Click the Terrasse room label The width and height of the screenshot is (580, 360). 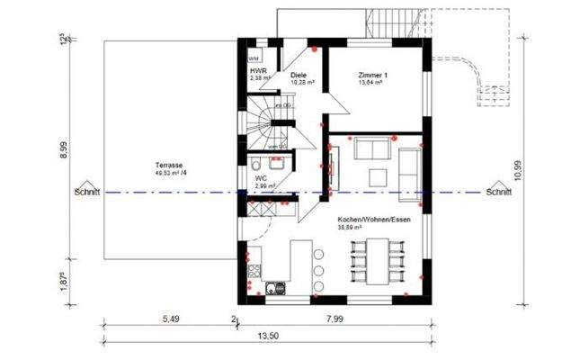[169, 166]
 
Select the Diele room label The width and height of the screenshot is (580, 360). [299, 76]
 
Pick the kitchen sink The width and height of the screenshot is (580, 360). [274, 288]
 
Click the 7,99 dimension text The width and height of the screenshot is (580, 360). [335, 319]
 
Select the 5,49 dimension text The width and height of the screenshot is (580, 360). [170, 319]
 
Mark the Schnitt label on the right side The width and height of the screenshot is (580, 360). [498, 192]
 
